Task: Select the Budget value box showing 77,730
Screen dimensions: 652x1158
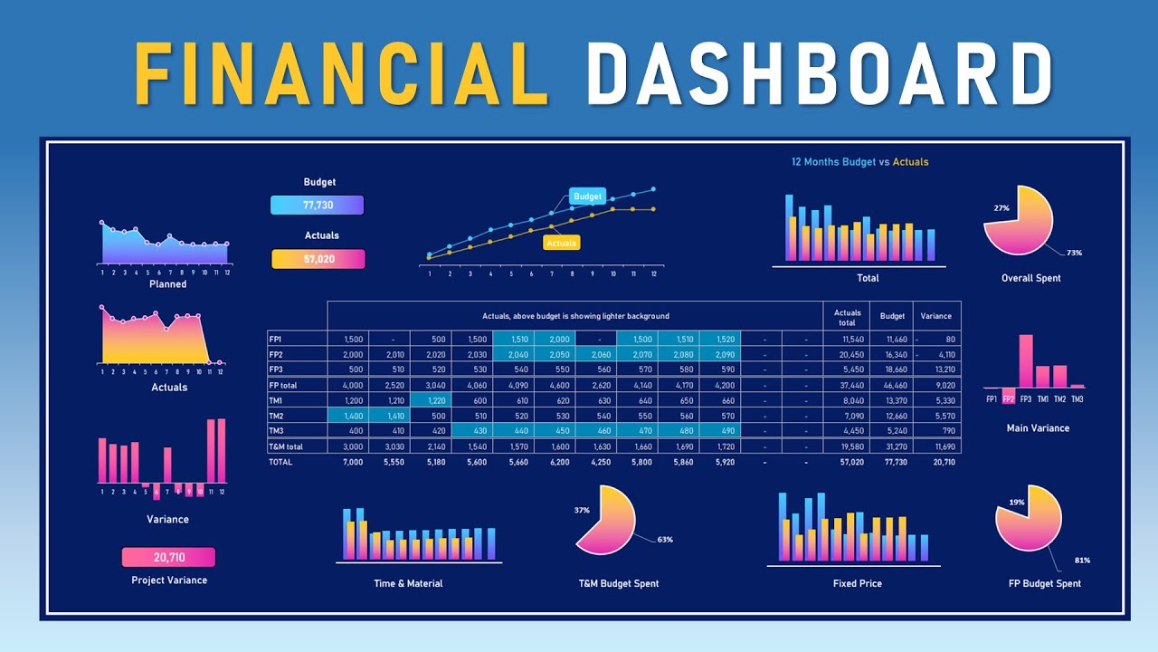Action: [317, 206]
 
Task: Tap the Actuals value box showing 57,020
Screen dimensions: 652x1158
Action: [318, 259]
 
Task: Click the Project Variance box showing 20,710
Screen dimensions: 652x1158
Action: [168, 557]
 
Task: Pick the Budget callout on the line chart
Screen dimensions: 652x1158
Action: [587, 197]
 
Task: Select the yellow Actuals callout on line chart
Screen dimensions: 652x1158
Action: [561, 243]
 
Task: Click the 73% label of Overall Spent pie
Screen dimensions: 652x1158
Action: [1074, 253]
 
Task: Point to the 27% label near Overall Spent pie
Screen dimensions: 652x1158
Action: [1001, 207]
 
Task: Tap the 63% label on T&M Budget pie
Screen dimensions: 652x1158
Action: [665, 540]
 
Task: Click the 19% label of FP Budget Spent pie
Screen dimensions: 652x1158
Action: [1017, 502]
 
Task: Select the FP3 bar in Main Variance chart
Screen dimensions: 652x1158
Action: [1025, 361]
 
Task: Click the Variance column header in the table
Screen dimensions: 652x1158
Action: [935, 316]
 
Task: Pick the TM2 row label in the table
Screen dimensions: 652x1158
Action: [276, 416]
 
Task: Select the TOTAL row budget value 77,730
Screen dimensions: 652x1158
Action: [892, 462]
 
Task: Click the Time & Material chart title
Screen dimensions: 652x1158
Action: [408, 583]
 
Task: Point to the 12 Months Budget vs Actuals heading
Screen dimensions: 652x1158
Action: [859, 162]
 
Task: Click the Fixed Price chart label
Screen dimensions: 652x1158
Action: [857, 583]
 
